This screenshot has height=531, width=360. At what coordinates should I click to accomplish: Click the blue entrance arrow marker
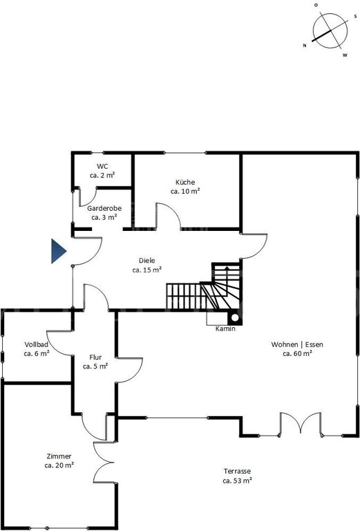pyautogui.click(x=58, y=251)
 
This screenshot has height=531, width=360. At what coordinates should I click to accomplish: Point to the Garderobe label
pyautogui.click(x=104, y=208)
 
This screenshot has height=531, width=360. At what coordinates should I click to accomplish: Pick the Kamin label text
pyautogui.click(x=225, y=328)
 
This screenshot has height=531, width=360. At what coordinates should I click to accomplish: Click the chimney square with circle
pyautogui.click(x=235, y=317)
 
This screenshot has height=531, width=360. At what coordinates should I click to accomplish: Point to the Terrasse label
pyautogui.click(x=237, y=471)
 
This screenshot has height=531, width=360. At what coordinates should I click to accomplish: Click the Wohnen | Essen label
pyautogui.click(x=297, y=344)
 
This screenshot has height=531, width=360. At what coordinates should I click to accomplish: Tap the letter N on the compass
pyautogui.click(x=305, y=46)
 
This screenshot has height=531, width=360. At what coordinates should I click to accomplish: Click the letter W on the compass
pyautogui.click(x=345, y=55)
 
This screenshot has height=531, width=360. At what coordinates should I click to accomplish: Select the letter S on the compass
pyautogui.click(x=355, y=16)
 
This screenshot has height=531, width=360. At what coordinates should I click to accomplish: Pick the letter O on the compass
pyautogui.click(x=316, y=5)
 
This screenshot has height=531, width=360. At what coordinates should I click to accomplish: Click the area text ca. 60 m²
pyautogui.click(x=297, y=353)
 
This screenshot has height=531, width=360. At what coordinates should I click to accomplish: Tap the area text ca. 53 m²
pyautogui.click(x=237, y=481)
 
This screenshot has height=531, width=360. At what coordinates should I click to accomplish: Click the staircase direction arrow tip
pyautogui.click(x=227, y=267)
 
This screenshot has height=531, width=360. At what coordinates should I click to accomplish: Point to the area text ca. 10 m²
pyautogui.click(x=185, y=191)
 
